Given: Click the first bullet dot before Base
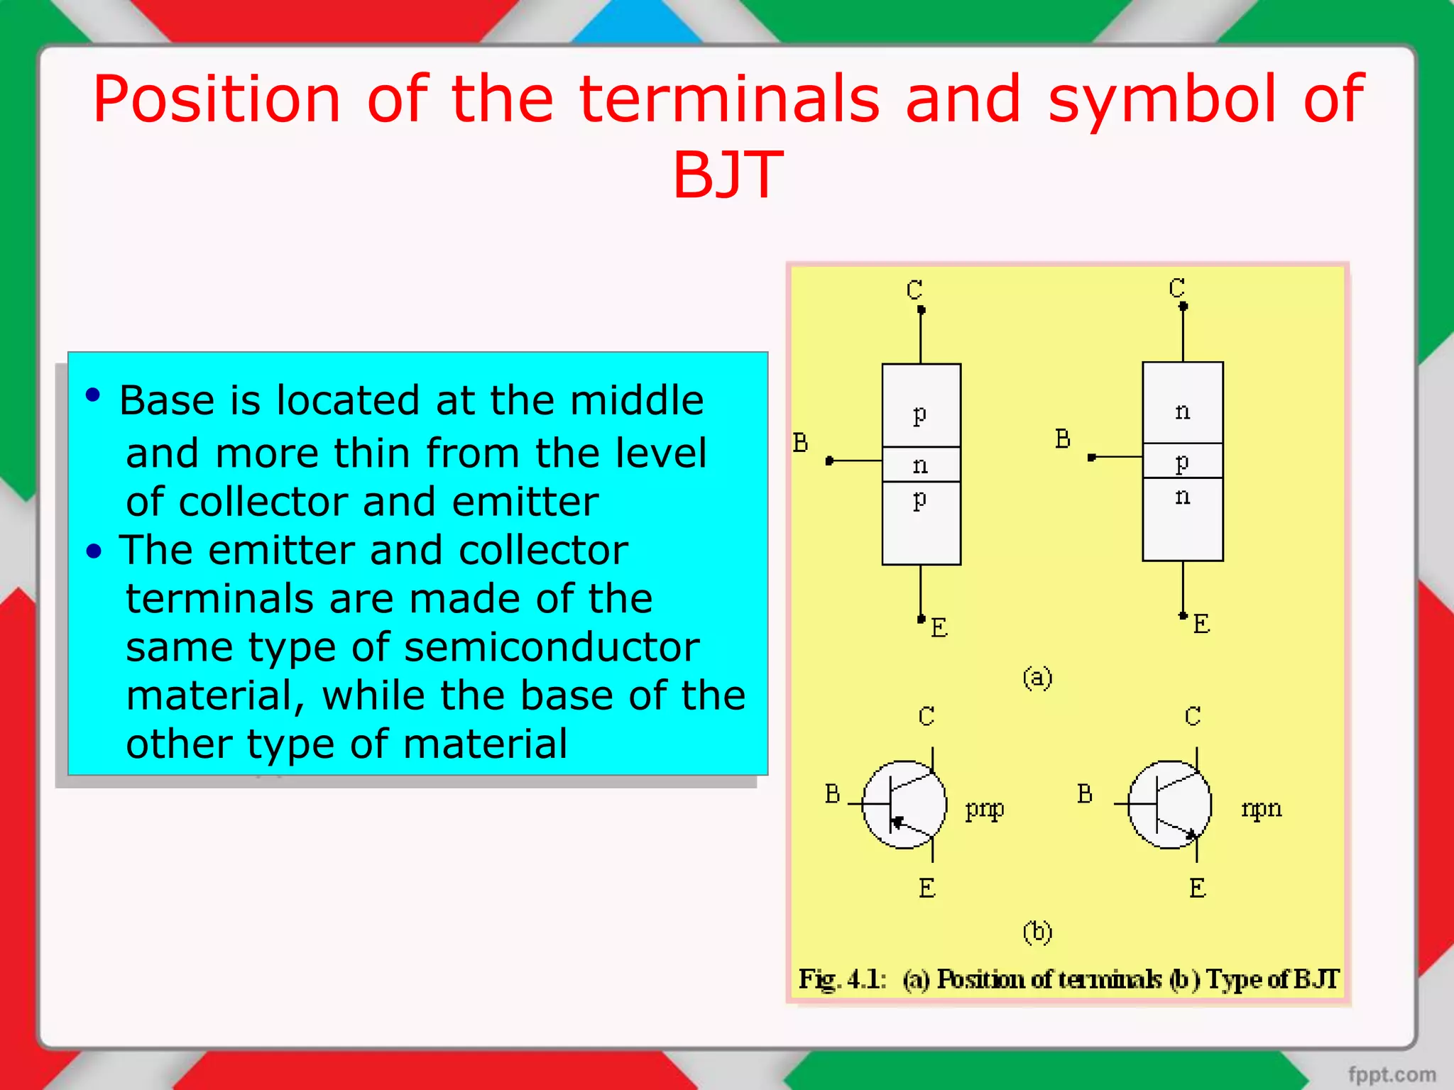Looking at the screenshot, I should (x=93, y=395).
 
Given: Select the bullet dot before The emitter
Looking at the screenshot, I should (x=94, y=551).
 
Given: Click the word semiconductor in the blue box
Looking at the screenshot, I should (x=551, y=647).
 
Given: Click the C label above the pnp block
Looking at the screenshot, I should (x=914, y=290).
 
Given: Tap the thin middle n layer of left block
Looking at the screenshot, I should (x=921, y=465).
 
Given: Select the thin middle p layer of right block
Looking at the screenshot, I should (x=1182, y=461).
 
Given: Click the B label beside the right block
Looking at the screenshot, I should (x=1062, y=439).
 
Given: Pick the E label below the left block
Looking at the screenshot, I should (x=939, y=627).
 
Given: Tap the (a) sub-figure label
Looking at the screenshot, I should (x=1037, y=678).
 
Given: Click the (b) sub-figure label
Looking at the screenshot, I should (x=1037, y=931).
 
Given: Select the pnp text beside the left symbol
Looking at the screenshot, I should (x=985, y=809).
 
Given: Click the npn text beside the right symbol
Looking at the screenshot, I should (x=1262, y=808).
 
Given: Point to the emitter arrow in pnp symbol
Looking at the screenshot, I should (x=898, y=822).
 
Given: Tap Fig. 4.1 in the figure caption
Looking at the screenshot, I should (x=842, y=979).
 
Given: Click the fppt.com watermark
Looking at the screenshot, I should (x=1392, y=1074).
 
